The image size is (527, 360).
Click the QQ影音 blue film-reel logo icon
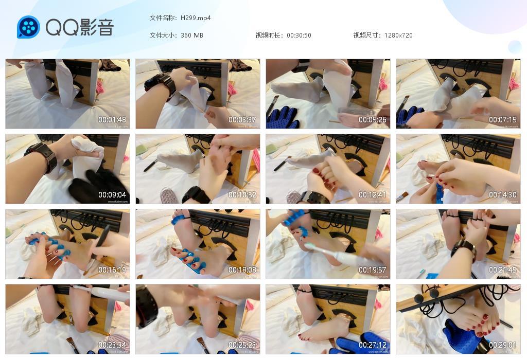pyautogui.click(x=28, y=27)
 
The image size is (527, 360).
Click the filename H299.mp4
pyautogui.click(x=196, y=18)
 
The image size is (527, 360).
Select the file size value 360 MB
pyautogui.click(x=192, y=35)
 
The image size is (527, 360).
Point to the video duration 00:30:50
pyautogui.click(x=299, y=35)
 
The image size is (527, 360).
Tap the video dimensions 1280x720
pyautogui.click(x=398, y=35)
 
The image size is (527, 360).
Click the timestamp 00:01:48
pyautogui.click(x=112, y=120)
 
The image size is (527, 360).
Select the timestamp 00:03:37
pyautogui.click(x=242, y=120)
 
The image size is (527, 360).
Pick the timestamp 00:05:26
pyautogui.click(x=373, y=120)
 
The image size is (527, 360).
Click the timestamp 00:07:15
pyautogui.click(x=503, y=120)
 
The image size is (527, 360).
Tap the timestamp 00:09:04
pyautogui.click(x=112, y=195)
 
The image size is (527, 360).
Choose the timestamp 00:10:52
pyautogui.click(x=242, y=195)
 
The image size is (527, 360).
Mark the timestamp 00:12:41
pyautogui.click(x=373, y=195)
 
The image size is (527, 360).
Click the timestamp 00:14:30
pyautogui.click(x=503, y=195)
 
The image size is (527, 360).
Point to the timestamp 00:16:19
pyautogui.click(x=112, y=270)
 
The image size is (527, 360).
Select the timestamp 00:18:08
pyautogui.click(x=242, y=270)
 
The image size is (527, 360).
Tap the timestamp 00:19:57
pyautogui.click(x=373, y=270)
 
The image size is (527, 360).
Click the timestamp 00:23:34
pyautogui.click(x=112, y=345)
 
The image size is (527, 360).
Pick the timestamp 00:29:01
pyautogui.click(x=503, y=345)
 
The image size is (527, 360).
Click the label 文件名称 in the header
pyautogui.click(x=163, y=18)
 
